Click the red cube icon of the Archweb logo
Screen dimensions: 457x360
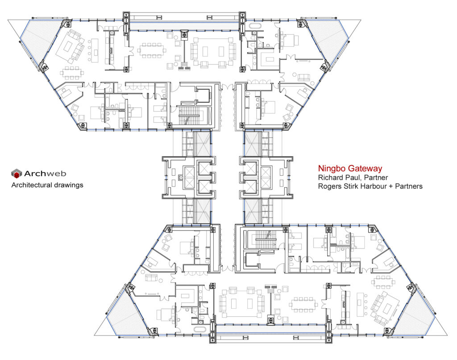point(17,174)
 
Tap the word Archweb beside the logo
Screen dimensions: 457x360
point(45,174)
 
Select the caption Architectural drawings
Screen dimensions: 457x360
point(47,185)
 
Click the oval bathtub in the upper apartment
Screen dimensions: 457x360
point(256,25)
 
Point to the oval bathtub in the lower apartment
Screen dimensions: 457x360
point(199,330)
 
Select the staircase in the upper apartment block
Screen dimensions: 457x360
point(189,116)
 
